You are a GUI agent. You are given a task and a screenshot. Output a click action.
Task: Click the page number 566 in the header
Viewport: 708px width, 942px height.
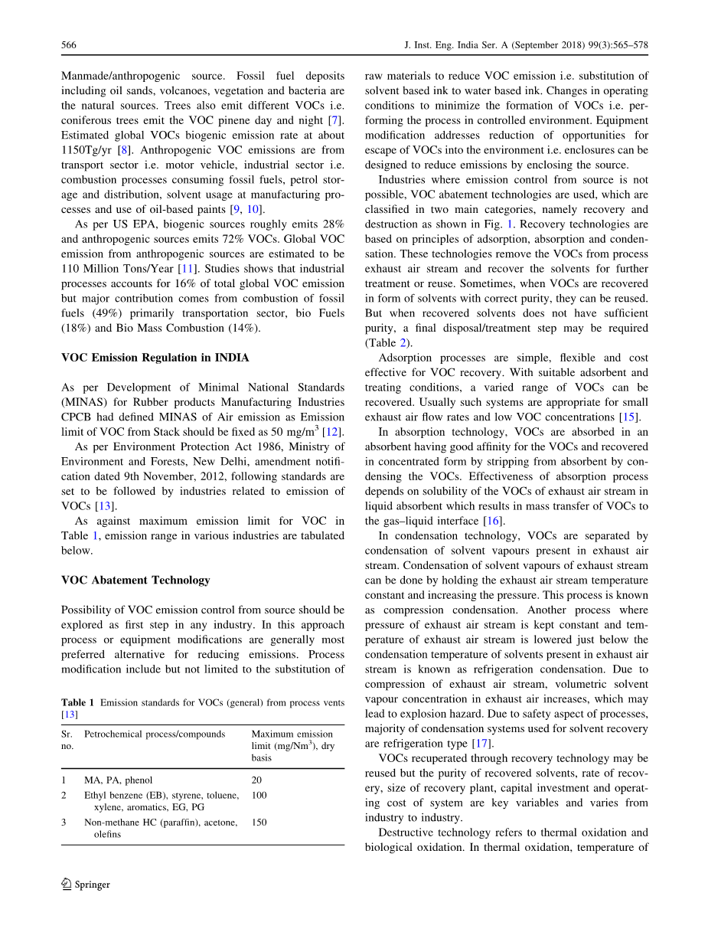point(68,46)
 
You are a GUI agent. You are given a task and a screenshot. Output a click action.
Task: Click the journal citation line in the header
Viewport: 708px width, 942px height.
point(526,46)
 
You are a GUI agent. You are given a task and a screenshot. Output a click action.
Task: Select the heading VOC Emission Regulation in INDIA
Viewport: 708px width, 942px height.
point(155,358)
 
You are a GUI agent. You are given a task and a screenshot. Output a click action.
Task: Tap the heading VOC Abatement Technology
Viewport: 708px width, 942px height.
point(135,580)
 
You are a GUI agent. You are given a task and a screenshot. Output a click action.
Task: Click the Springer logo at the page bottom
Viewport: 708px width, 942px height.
point(86,885)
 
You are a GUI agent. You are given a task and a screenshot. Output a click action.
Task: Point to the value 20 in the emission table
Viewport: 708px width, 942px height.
point(256,780)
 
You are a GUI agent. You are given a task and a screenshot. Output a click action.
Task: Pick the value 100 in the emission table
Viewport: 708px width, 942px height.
point(259,796)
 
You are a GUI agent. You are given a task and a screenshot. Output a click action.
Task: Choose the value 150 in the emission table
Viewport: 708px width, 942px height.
point(259,823)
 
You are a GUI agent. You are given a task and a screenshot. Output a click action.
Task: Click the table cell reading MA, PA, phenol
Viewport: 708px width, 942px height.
point(119,780)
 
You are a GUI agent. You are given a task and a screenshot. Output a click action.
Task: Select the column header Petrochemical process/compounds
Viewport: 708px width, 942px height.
point(155,734)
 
